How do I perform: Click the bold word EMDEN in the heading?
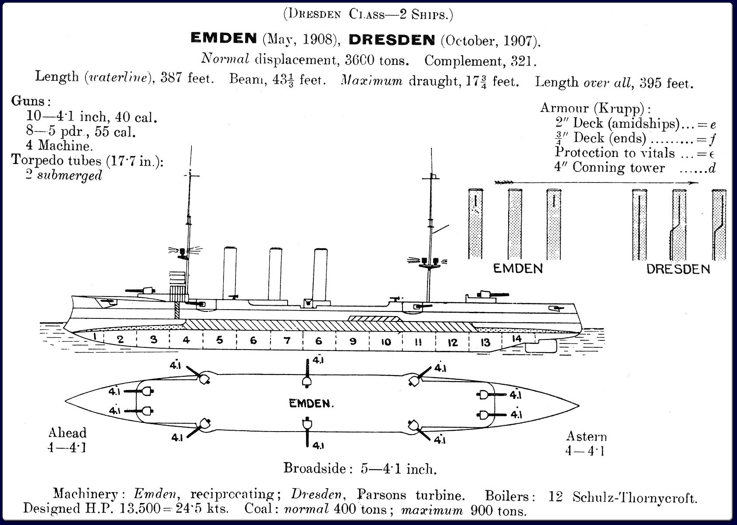pos(224,39)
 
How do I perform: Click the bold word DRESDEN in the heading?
pos(391,40)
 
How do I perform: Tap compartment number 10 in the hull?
pos(386,342)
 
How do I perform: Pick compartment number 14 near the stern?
pos(517,339)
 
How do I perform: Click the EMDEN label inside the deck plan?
pos(311,404)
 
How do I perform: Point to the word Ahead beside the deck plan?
pos(68,433)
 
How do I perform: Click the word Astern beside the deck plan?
pos(586,436)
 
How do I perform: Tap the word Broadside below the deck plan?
pos(315,468)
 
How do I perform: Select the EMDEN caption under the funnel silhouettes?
pos(518,268)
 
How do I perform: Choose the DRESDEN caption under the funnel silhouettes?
pos(678,269)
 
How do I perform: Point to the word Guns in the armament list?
pos(28,101)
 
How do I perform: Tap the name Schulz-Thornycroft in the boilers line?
pos(634,498)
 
